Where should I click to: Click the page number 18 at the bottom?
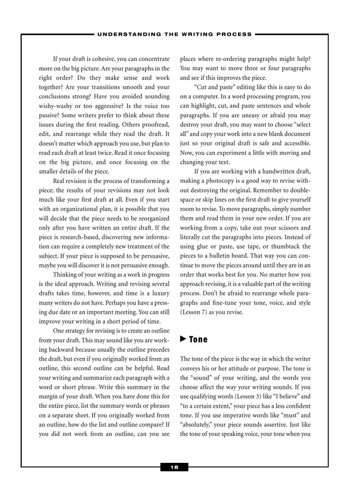coord(174,467)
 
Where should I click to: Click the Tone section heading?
coord(198,339)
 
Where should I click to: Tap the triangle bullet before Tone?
coord(183,339)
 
